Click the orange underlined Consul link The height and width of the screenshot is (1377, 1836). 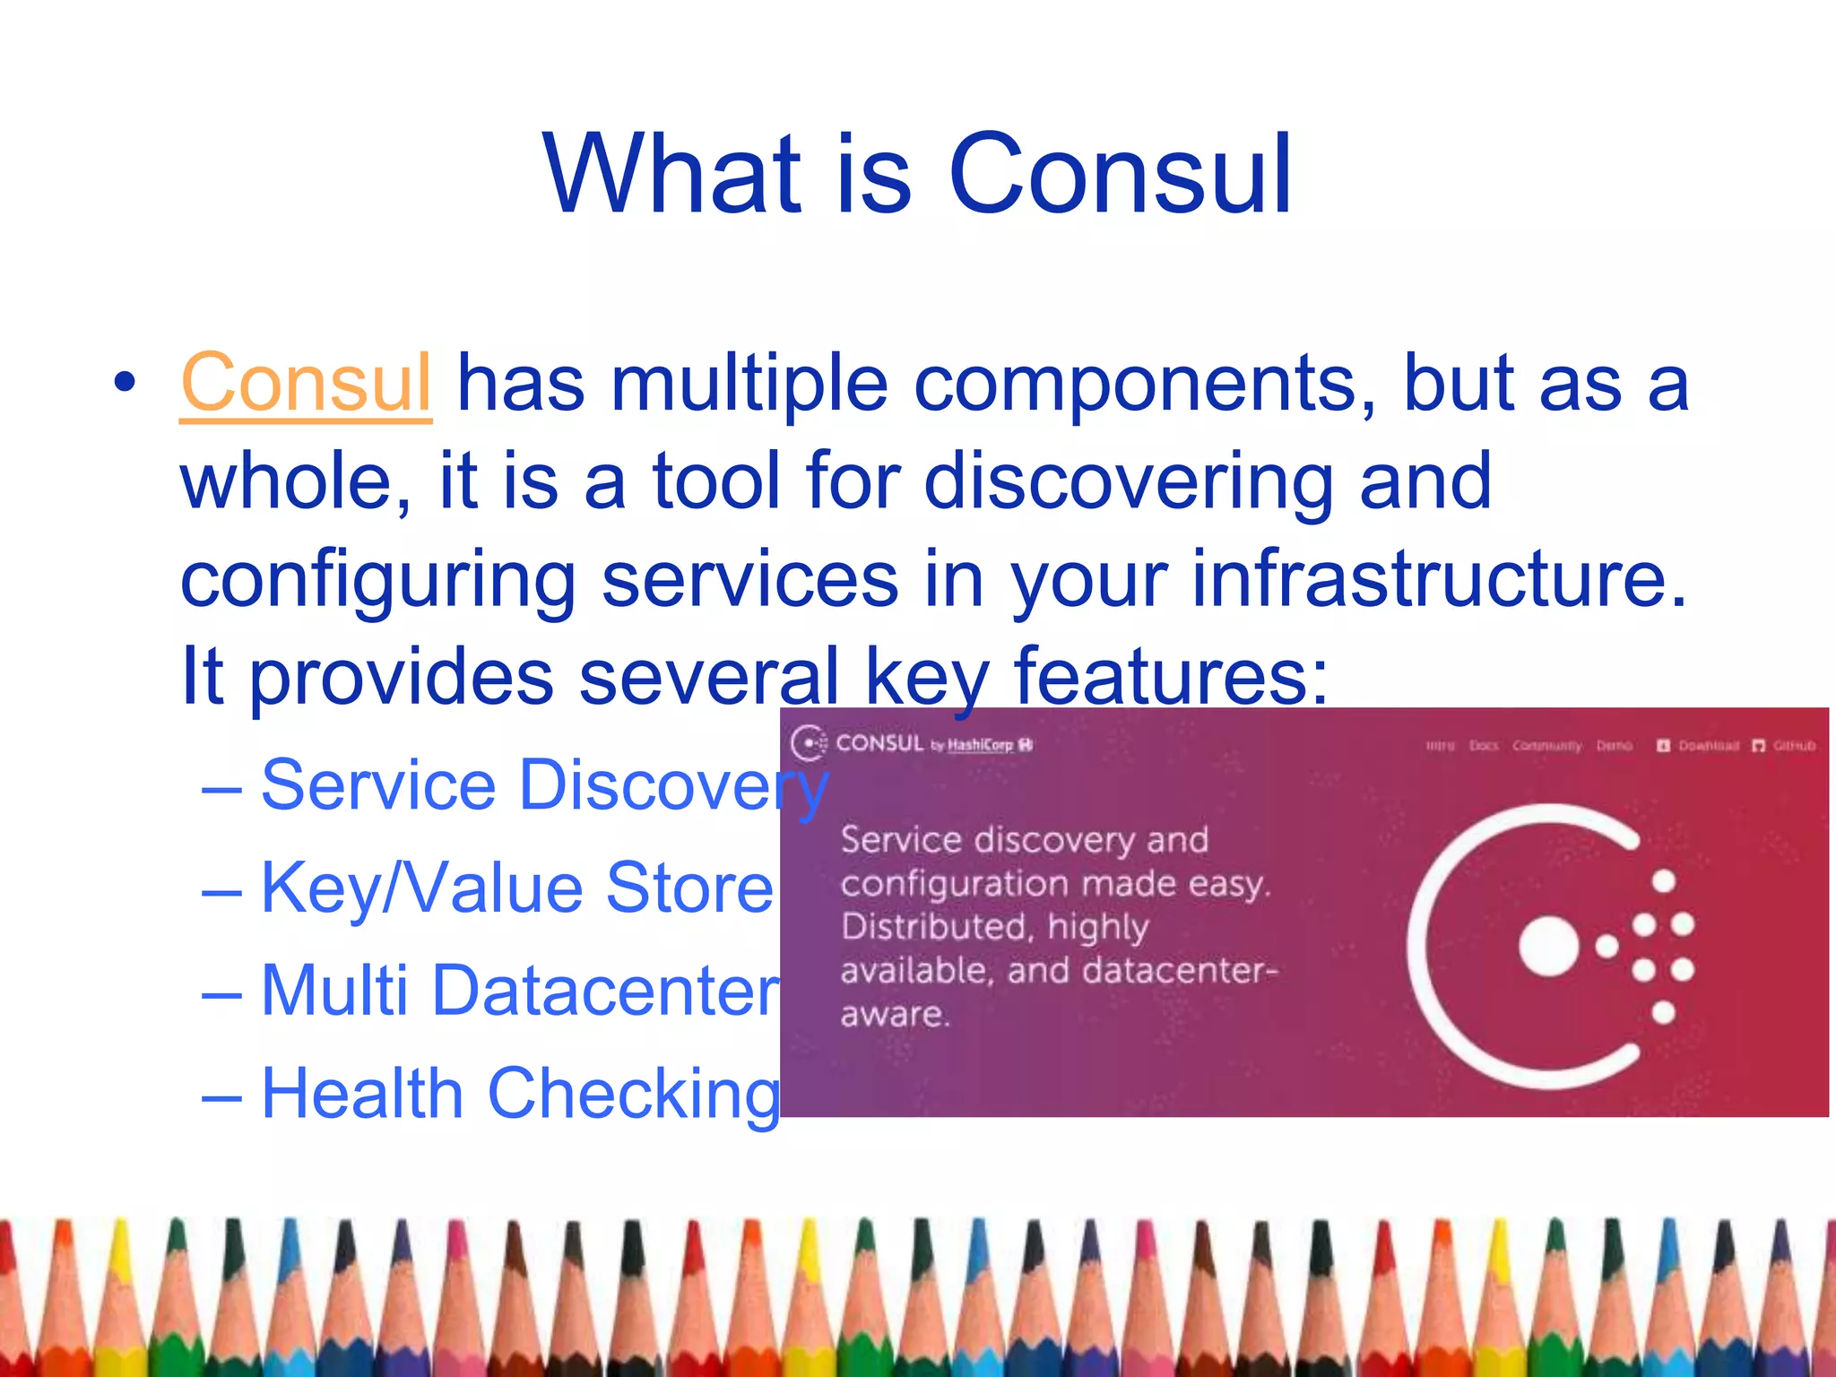point(306,384)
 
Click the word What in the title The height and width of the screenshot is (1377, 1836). point(671,175)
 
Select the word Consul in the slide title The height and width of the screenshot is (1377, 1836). point(1120,175)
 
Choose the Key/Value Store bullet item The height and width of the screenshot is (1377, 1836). point(516,888)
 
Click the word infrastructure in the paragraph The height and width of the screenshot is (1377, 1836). point(1440,579)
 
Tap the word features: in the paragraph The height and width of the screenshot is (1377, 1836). point(1171,677)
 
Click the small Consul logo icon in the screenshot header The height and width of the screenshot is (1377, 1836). point(809,743)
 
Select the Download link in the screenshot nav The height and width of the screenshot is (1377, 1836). point(1708,746)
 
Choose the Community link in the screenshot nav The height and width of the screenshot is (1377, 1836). point(1546,746)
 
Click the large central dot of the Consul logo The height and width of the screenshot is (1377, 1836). point(1548,947)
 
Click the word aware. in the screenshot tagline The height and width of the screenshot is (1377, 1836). point(894,1015)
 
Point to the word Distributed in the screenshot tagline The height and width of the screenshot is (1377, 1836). point(932,927)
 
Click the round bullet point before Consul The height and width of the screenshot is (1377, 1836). point(126,383)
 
